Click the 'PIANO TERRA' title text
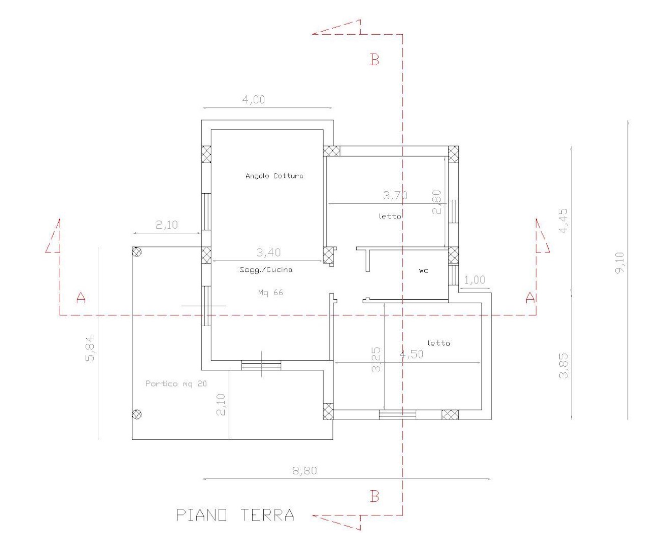pos(235,515)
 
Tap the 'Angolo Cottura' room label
pos(274,176)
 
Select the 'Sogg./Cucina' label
pos(266,270)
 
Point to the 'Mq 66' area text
pos(270,292)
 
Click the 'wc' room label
pos(423,271)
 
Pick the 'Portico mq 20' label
pos(176,383)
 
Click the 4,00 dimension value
pos(253,99)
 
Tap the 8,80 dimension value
pos(305,470)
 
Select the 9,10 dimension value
pos(619,262)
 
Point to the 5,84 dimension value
pos(90,349)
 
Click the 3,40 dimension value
pos(269,252)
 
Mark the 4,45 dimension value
pos(563,220)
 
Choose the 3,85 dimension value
pos(563,365)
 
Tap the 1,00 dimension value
pos(474,280)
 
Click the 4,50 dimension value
pos(411,354)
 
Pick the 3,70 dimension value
pos(395,195)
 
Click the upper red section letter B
pos(374,60)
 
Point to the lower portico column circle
pos(136,414)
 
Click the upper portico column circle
pos(136,252)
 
